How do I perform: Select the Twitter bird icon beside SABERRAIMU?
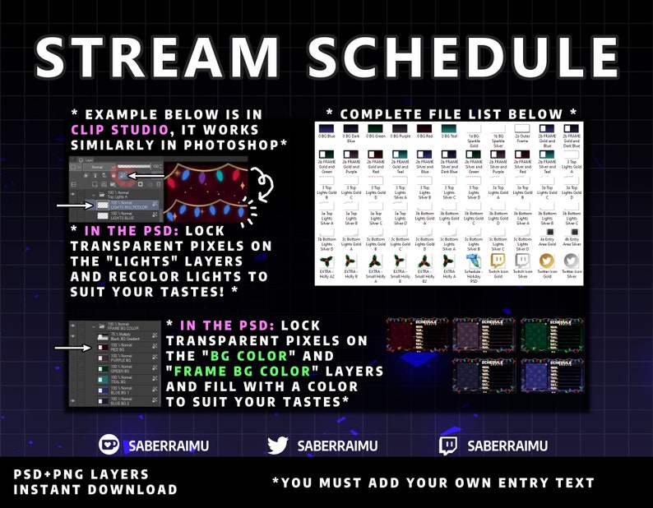click(x=276, y=446)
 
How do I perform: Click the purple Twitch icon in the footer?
click(x=449, y=446)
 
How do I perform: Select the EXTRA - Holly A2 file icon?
click(x=326, y=261)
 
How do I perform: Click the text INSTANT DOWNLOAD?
click(x=95, y=490)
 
